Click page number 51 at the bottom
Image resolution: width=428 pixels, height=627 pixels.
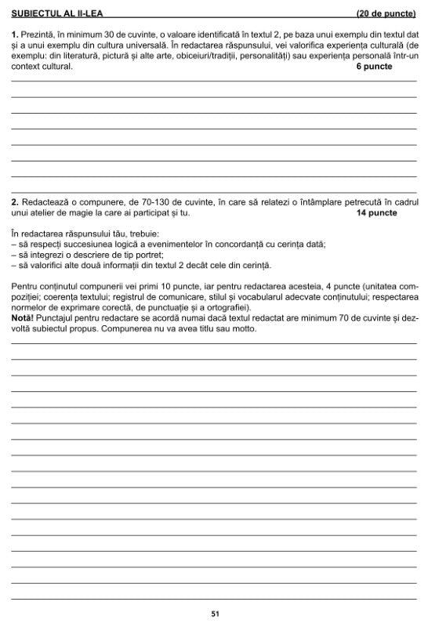[214, 614]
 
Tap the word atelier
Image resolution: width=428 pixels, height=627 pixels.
[49, 212]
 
